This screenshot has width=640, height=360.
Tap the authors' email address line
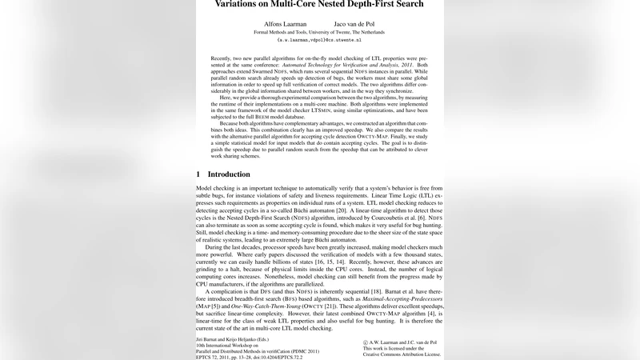[319, 39]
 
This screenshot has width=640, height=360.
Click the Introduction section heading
[229, 174]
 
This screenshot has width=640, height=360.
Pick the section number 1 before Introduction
[198, 174]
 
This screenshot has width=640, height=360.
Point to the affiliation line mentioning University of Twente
[319, 32]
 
